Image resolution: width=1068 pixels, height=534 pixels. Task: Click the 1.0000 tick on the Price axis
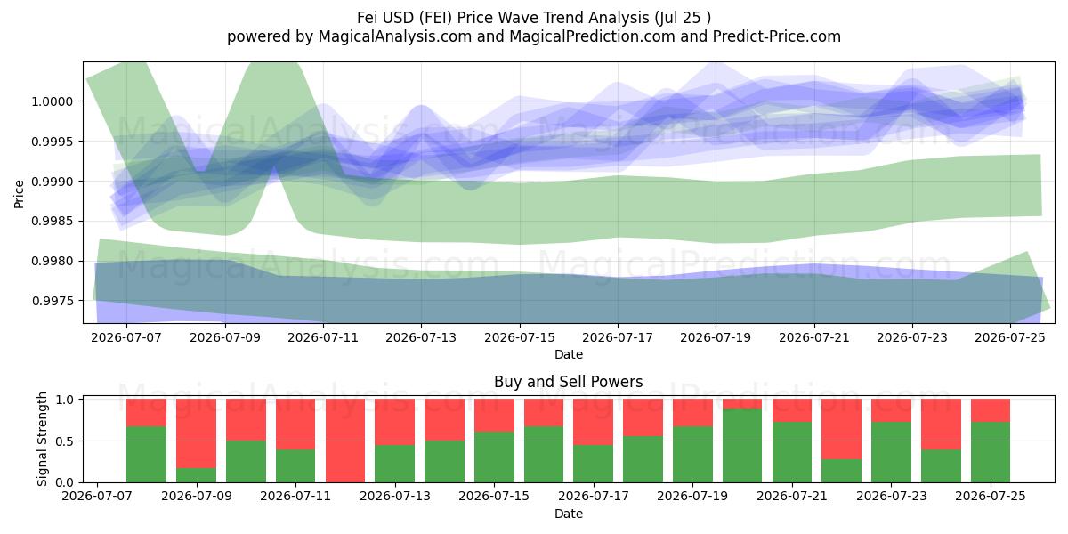(x=52, y=101)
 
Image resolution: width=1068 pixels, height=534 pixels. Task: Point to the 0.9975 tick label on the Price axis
(x=52, y=302)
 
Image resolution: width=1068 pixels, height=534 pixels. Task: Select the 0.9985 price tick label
(x=52, y=222)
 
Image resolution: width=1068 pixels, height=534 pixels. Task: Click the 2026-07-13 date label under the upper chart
(x=421, y=337)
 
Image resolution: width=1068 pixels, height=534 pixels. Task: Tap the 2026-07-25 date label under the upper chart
(x=1010, y=337)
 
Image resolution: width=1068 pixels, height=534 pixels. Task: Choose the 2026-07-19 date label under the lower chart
(x=692, y=496)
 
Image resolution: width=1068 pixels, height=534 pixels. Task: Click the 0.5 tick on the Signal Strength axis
(x=64, y=441)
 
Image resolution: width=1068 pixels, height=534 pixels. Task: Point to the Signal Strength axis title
(x=43, y=439)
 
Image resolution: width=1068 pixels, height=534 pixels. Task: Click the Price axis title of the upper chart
(x=19, y=194)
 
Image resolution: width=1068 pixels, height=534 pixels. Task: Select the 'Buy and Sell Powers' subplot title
(x=569, y=382)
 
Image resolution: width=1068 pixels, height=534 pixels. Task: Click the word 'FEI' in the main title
(x=436, y=18)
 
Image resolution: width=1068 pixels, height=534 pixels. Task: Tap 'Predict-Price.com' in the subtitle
(x=777, y=36)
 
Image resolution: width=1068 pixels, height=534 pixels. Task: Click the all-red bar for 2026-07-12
(x=345, y=441)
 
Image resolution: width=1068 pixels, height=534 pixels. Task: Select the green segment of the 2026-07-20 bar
(x=742, y=446)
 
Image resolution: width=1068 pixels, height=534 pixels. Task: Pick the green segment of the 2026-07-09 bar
(x=197, y=475)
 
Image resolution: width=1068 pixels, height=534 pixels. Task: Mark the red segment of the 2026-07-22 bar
(x=842, y=429)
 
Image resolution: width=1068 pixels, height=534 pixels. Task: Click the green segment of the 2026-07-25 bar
(x=991, y=452)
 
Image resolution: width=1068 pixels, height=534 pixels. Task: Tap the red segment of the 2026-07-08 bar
(x=146, y=412)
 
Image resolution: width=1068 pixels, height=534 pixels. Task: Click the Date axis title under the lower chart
(x=569, y=514)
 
